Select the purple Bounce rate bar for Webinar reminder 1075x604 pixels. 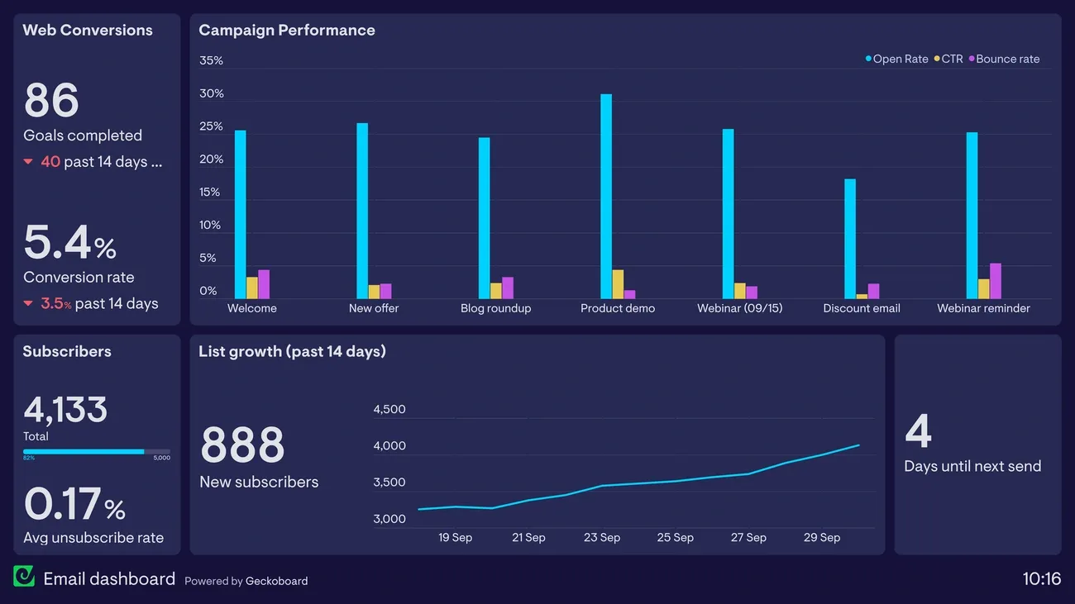coord(996,281)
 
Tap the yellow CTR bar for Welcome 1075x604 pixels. coord(252,288)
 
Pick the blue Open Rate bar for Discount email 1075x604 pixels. coord(850,239)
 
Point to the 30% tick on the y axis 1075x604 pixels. coord(212,93)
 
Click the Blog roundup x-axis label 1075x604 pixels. coord(495,308)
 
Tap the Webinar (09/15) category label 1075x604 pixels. coord(739,308)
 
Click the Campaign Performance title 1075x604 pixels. coord(287,31)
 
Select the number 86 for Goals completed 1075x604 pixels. coord(51,101)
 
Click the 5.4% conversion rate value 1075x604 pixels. coord(69,243)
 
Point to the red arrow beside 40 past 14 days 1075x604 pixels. coord(28,162)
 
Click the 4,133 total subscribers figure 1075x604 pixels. coord(65,410)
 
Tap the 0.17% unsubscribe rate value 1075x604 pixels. coord(74,504)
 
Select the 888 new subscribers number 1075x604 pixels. coord(242,445)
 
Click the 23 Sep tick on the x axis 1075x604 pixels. coord(602,538)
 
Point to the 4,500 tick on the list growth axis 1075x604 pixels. coord(389,410)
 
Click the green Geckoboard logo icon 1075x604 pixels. coord(24,577)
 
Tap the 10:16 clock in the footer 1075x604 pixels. coord(1041,579)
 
